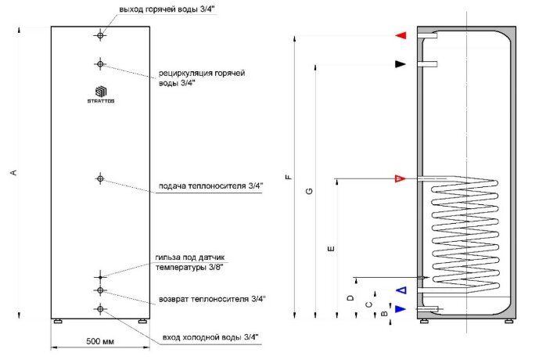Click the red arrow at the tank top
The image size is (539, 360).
401,36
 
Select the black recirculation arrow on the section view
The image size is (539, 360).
401,64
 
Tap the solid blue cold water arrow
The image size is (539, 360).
401,309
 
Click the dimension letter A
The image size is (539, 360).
14,173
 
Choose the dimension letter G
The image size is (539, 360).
310,192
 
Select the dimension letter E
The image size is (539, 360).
332,248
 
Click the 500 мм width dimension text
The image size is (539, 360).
99,342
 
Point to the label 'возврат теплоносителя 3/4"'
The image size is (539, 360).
212,299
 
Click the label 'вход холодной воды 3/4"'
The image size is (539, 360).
210,337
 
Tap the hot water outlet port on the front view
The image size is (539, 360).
100,35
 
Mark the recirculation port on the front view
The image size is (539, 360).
100,63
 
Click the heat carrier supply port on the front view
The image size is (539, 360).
100,179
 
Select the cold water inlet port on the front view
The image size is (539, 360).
100,310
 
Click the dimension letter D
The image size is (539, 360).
351,298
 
